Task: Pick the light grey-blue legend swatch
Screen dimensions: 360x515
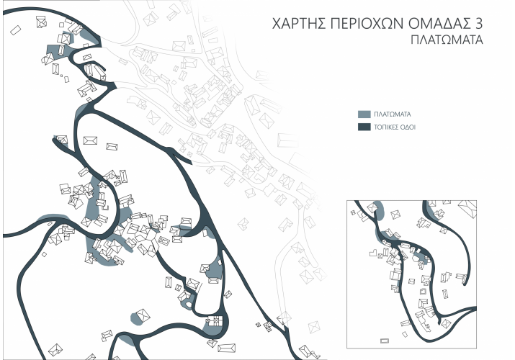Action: click(364, 114)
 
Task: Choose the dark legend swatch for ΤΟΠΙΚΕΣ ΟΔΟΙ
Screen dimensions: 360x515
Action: click(364, 127)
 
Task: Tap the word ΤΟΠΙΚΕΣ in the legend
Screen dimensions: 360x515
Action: click(387, 127)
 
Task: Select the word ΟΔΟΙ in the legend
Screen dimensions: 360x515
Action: click(408, 127)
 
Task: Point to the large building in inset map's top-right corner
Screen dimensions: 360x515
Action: click(470, 210)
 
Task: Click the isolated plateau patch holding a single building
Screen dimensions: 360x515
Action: click(140, 316)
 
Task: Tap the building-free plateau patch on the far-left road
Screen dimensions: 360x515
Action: click(52, 219)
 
